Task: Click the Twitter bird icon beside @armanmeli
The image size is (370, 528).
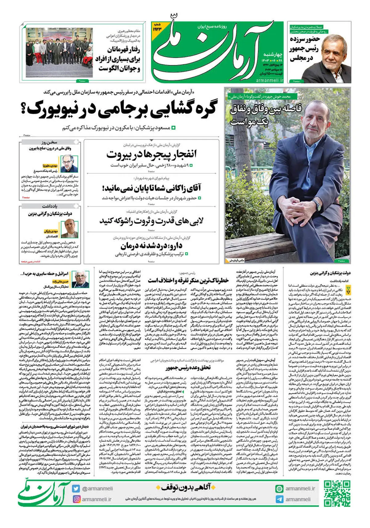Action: point(76,489)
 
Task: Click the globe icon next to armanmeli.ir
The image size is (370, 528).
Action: point(279,489)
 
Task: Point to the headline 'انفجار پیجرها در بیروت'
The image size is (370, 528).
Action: point(151,154)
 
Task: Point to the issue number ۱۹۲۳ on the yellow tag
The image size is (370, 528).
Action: point(157,29)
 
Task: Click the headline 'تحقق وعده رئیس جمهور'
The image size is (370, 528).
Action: point(188,368)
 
